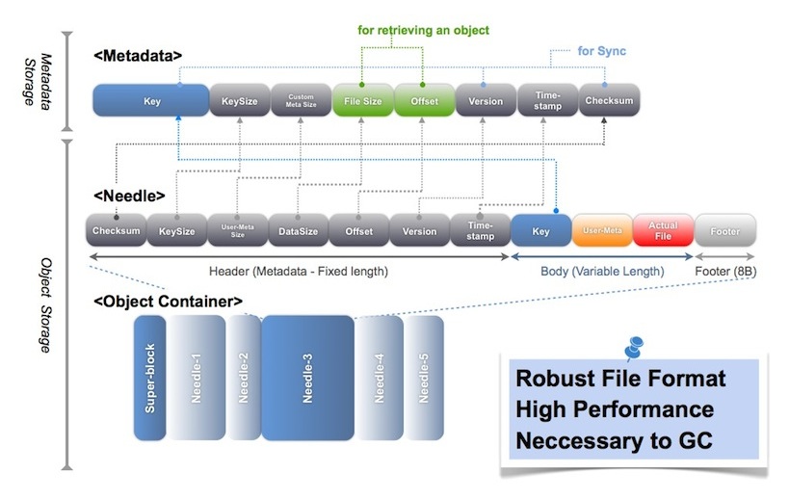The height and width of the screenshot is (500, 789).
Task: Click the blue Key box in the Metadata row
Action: (x=151, y=100)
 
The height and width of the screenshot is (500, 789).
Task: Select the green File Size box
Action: (x=361, y=100)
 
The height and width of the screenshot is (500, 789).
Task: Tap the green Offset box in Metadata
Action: (x=423, y=100)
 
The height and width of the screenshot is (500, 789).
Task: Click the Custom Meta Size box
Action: (x=300, y=100)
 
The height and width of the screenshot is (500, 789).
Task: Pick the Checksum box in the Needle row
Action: (x=116, y=231)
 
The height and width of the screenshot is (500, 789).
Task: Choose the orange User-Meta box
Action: (x=602, y=231)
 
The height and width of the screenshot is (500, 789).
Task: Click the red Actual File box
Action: (x=663, y=231)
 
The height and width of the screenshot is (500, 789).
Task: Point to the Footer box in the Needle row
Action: (x=725, y=231)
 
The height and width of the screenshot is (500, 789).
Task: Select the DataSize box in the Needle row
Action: (x=298, y=231)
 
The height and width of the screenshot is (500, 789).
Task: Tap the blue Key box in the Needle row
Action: (x=540, y=231)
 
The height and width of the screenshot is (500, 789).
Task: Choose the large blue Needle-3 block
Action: (x=307, y=377)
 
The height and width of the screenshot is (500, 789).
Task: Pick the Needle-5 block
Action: (x=423, y=375)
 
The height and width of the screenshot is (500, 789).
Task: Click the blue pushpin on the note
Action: (x=634, y=346)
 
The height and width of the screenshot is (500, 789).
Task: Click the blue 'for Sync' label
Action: (x=601, y=51)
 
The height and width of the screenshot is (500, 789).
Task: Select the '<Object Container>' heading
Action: (x=168, y=302)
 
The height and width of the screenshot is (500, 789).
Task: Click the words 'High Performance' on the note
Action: (x=615, y=409)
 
